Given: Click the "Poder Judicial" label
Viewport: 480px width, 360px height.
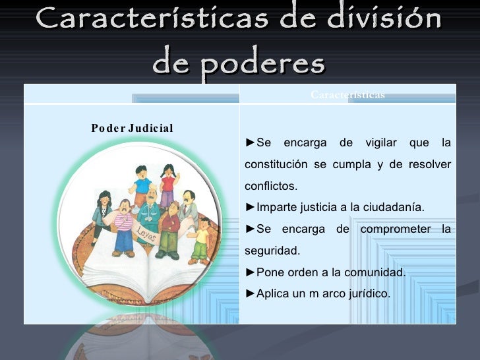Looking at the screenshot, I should point(132,128).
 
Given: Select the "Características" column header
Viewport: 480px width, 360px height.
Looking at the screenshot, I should point(347,95).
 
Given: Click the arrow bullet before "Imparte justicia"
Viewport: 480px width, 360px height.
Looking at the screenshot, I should point(250,208).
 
